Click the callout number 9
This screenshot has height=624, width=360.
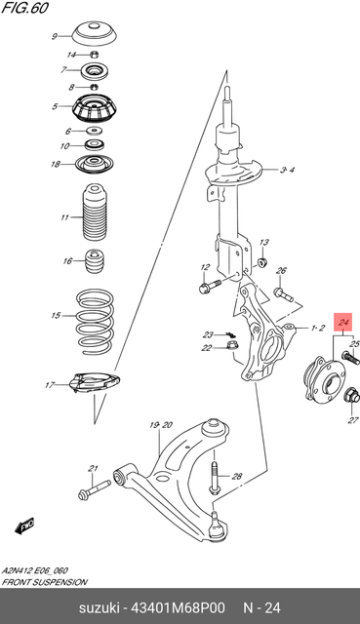(55, 37)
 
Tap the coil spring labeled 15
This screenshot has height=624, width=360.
(95, 321)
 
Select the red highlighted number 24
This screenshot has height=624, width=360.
(343, 322)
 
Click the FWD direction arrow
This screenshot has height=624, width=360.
(24, 526)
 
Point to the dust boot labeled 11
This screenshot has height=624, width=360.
(95, 213)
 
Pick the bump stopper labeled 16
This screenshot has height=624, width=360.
(95, 261)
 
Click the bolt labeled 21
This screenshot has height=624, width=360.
(95, 489)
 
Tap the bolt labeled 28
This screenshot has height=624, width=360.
(214, 477)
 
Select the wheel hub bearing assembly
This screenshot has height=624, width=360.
(325, 378)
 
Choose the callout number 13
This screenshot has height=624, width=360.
(264, 242)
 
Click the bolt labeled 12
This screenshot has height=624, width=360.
(210, 286)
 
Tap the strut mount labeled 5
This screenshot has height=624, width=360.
(95, 108)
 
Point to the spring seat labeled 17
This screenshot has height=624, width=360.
(95, 383)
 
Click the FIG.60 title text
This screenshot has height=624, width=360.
(24, 8)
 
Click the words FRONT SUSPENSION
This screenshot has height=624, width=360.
(44, 582)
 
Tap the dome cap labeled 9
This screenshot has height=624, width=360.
(95, 35)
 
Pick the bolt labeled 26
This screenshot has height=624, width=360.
(283, 294)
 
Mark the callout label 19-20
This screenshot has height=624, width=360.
(161, 425)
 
